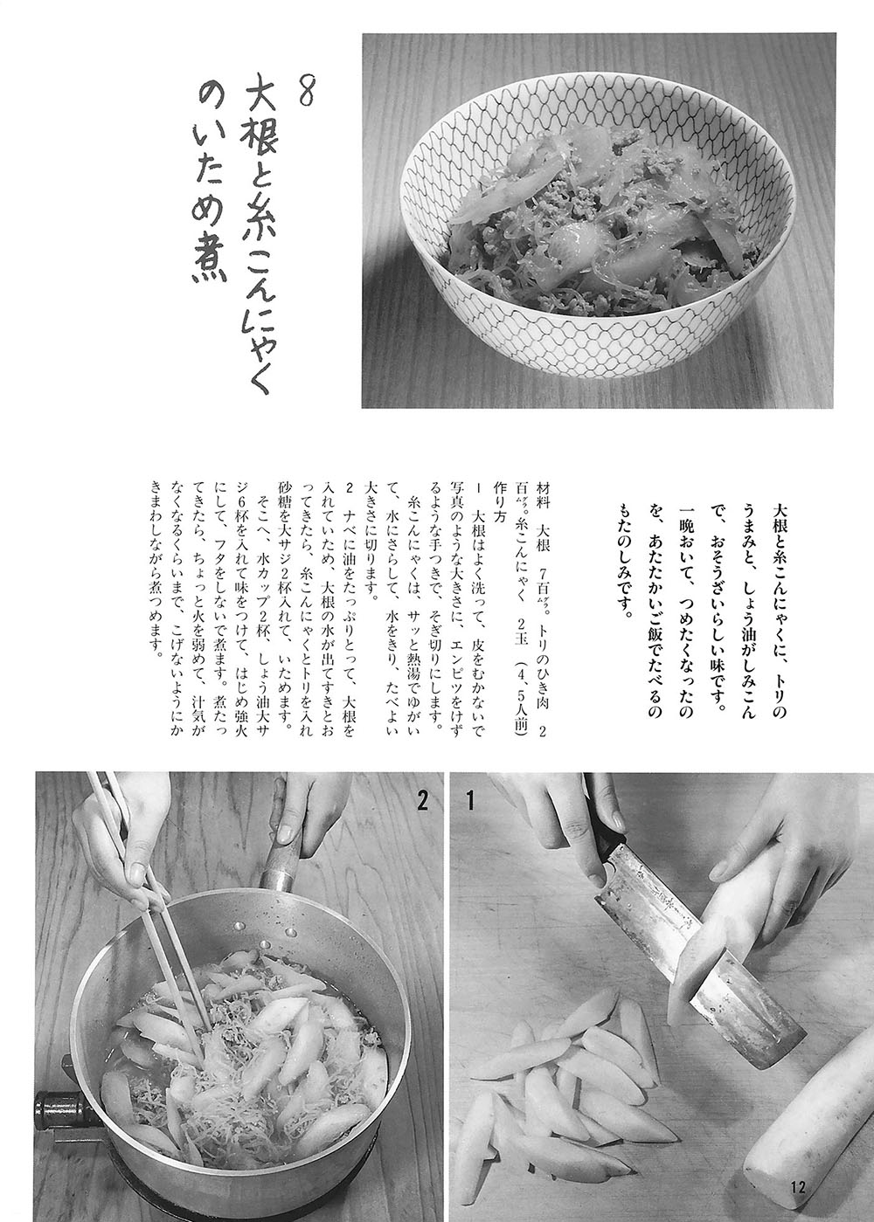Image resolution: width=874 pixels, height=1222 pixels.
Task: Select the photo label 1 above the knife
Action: click(469, 803)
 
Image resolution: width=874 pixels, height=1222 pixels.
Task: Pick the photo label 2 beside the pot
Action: click(421, 803)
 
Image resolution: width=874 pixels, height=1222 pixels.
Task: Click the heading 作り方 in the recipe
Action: click(501, 502)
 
